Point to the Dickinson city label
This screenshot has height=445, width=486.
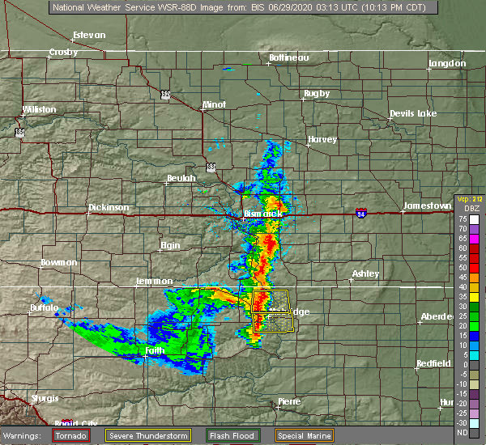tap(109, 208)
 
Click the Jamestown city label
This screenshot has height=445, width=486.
tap(428, 206)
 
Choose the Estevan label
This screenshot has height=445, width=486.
tap(89, 36)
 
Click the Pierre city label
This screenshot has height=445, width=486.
tap(289, 402)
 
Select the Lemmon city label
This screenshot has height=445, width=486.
tap(153, 282)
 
